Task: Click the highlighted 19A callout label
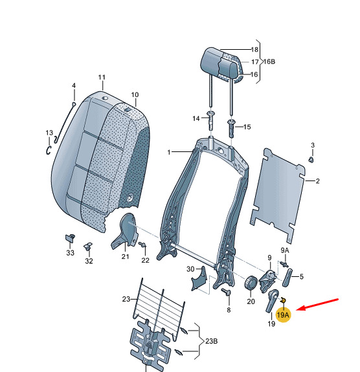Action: point(283,315)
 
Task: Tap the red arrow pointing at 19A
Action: point(317,304)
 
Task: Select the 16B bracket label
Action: point(269,61)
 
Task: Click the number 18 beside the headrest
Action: point(254,50)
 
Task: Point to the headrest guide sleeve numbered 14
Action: point(210,120)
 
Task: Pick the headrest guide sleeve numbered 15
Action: point(231,128)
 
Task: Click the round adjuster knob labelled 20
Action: point(251,283)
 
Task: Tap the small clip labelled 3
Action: point(311,160)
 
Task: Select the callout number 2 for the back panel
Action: point(318,181)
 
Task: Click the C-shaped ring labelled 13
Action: point(49,150)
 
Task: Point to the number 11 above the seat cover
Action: point(102,78)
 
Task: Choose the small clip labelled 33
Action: point(70,237)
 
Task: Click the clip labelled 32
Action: point(88,246)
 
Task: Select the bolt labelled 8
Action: point(226,292)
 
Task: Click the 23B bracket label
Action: point(212,341)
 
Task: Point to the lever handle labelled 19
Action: point(272,301)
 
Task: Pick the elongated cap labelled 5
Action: point(287,278)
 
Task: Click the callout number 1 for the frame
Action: point(169,152)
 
